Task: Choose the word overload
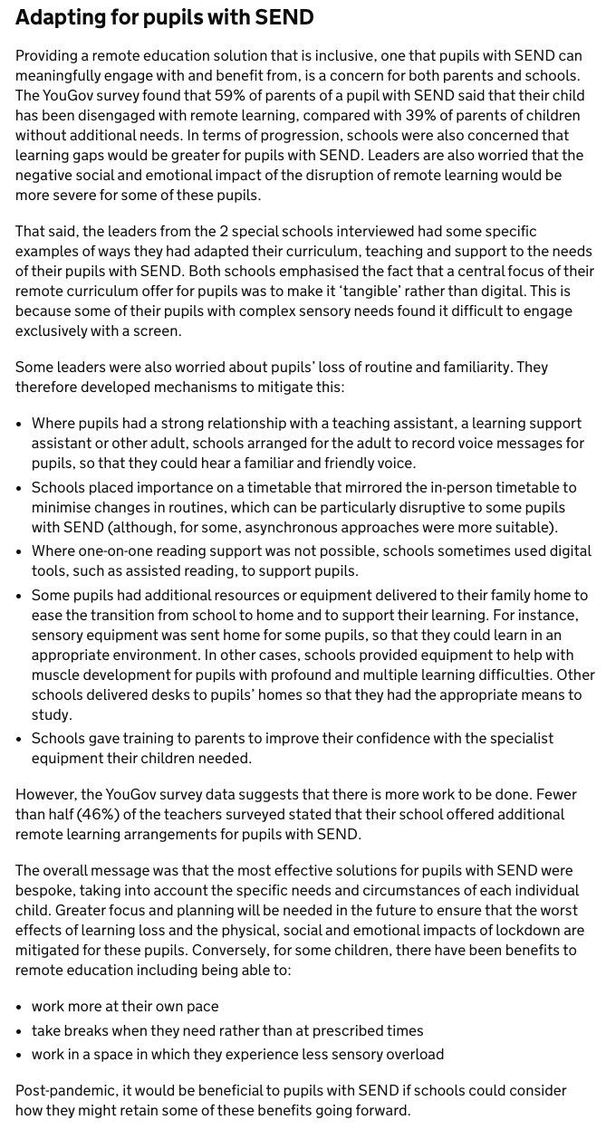click(x=413, y=1054)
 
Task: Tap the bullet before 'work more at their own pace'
click(x=21, y=1007)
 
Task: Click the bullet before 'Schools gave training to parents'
click(x=21, y=739)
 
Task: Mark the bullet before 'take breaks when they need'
click(x=21, y=1030)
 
